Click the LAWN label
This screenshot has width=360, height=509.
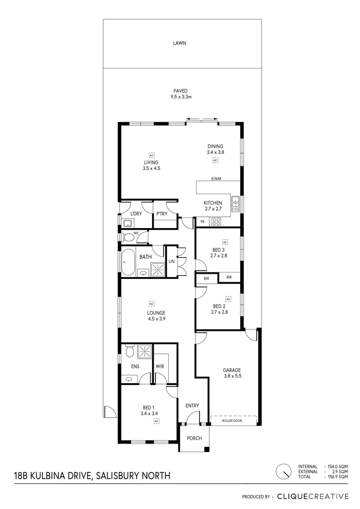click(179, 43)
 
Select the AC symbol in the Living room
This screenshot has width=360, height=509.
click(151, 155)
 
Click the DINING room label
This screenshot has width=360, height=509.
click(215, 146)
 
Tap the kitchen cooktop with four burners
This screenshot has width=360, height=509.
click(217, 221)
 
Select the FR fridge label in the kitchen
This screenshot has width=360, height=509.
click(202, 222)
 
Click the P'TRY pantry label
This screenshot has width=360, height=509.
click(162, 214)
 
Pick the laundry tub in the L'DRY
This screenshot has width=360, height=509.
click(127, 223)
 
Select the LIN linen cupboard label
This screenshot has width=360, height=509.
click(171, 261)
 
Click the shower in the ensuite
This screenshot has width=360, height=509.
click(144, 351)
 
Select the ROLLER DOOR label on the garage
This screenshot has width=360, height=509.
click(232, 421)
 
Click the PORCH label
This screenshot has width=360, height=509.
click(194, 438)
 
